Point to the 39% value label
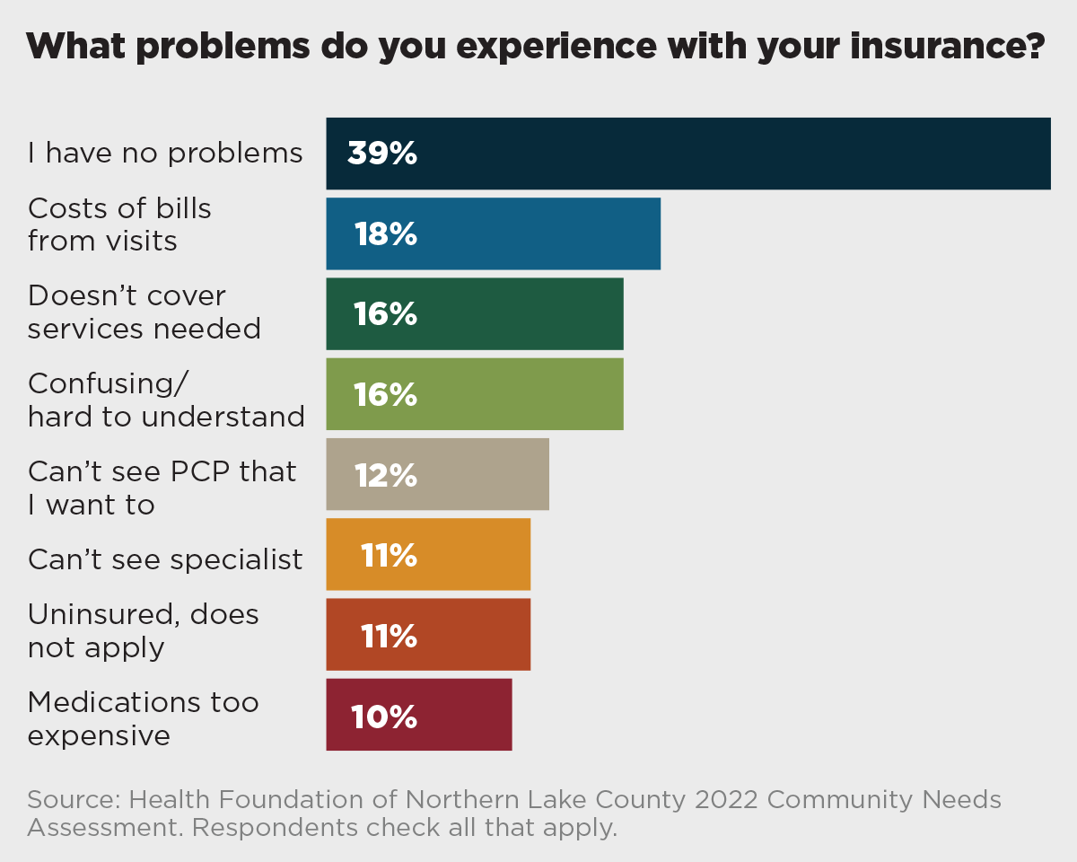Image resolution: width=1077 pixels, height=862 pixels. point(382,154)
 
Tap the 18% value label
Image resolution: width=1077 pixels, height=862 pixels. point(385,234)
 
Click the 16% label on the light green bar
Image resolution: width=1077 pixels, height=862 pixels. point(385,394)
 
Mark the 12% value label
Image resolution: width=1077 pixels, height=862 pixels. point(385,475)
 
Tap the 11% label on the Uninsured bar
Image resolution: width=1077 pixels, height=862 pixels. point(389,636)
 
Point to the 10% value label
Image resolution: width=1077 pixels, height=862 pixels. point(383,717)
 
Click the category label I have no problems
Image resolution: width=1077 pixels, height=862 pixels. point(165,154)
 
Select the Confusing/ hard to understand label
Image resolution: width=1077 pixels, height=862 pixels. point(166,400)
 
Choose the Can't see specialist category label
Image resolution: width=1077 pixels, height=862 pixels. point(165,559)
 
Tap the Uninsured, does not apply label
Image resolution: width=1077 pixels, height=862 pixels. point(144,630)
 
